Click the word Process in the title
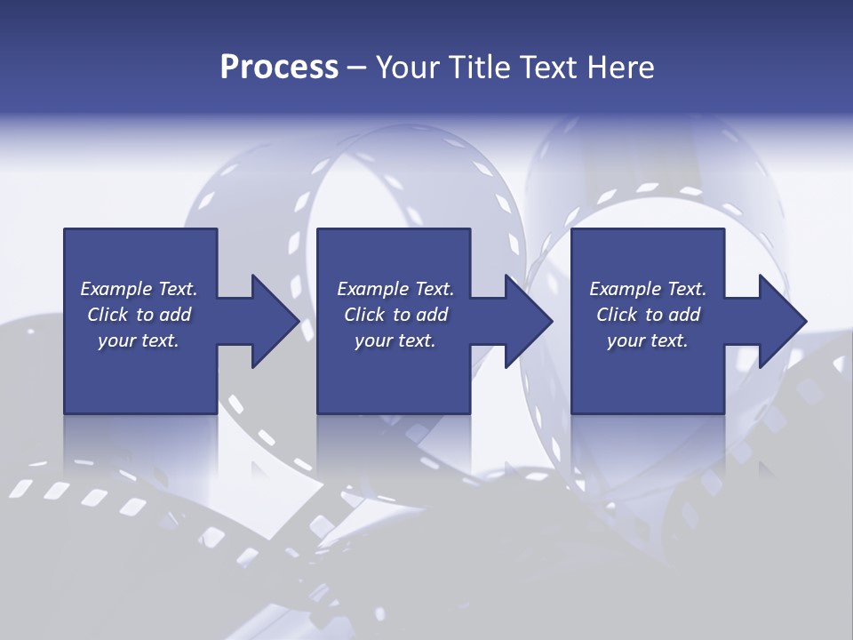[279, 68]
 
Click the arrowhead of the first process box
[275, 321]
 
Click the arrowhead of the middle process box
[528, 321]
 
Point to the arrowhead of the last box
[782, 321]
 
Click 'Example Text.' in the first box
[139, 289]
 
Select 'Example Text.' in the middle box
[395, 289]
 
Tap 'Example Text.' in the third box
[648, 289]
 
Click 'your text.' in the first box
[139, 340]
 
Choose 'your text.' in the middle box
[395, 340]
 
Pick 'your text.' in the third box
[648, 340]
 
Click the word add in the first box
[175, 315]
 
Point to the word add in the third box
[684, 315]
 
